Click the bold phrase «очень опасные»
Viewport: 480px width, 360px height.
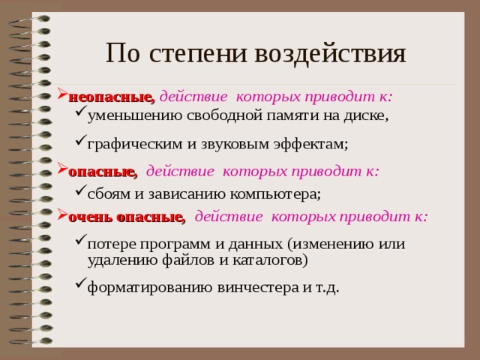tap(126, 217)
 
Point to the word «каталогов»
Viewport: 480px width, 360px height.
tap(267, 259)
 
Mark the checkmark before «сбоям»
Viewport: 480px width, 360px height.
tap(80, 191)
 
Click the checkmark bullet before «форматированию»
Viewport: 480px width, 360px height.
tap(80, 285)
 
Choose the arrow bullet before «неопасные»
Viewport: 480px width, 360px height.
tap(62, 96)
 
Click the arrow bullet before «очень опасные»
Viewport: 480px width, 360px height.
tap(62, 216)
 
